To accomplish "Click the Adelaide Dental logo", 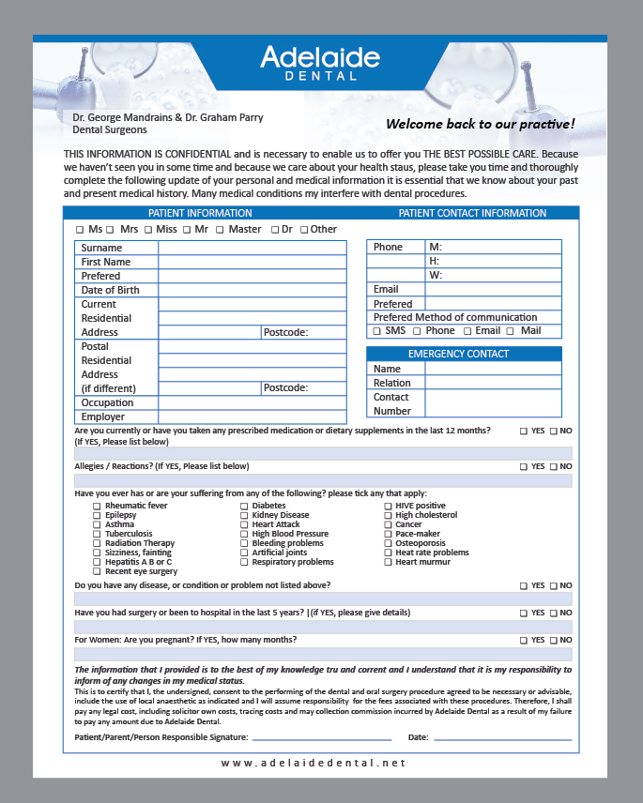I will point(320,62).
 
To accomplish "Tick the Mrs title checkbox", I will point(111,229).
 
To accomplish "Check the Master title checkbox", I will point(220,229).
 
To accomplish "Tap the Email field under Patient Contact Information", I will point(493,289).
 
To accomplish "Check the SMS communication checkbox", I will point(377,331).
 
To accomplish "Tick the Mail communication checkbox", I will point(511,331).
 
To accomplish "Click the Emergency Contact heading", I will point(464,354).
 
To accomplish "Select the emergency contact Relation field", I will point(493,383).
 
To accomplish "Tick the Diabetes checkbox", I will point(244,506).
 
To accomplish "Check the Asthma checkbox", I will point(97,524).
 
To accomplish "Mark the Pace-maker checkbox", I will point(388,534).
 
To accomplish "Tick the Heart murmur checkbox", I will point(388,562).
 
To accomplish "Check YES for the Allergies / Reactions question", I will point(524,466).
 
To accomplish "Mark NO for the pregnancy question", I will point(554,640).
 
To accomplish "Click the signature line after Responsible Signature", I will point(321,738).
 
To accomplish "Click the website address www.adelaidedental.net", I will point(314,764).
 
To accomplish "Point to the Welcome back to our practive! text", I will point(480,124).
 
